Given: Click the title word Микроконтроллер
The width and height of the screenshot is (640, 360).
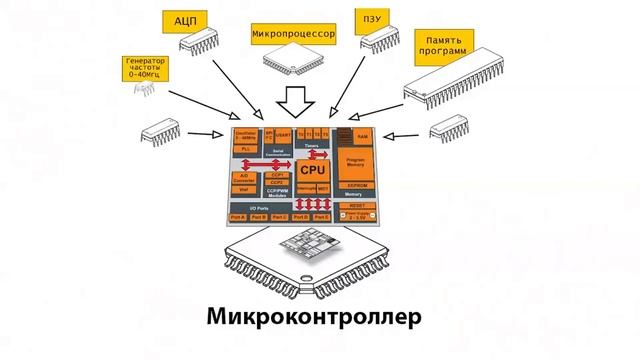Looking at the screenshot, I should click(316, 317).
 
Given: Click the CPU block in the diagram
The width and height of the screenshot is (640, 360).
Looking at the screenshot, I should click(314, 171).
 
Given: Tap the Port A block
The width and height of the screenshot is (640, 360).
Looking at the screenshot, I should click(237, 217).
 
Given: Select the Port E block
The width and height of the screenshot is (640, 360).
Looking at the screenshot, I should click(321, 217).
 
